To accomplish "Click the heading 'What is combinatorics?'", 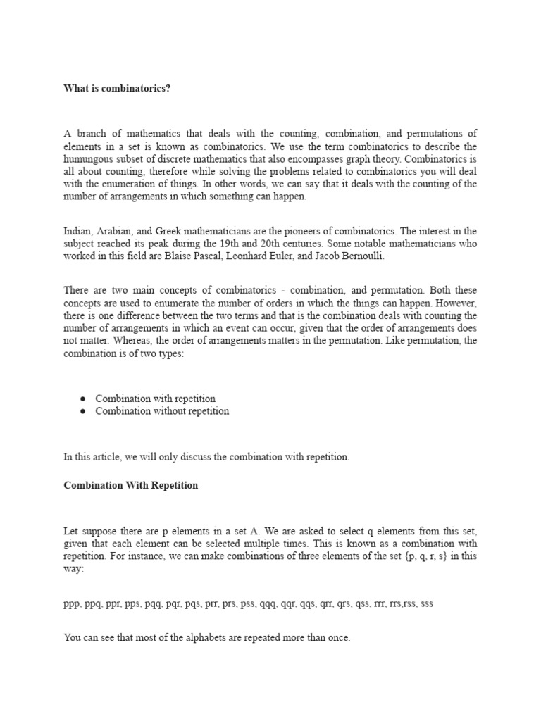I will coord(117,88).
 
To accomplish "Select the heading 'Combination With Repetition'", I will coord(131,486).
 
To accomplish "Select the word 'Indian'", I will coord(77,231).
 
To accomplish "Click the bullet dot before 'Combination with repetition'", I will coord(83,399).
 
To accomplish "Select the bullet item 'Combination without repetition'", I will coord(162,411).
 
